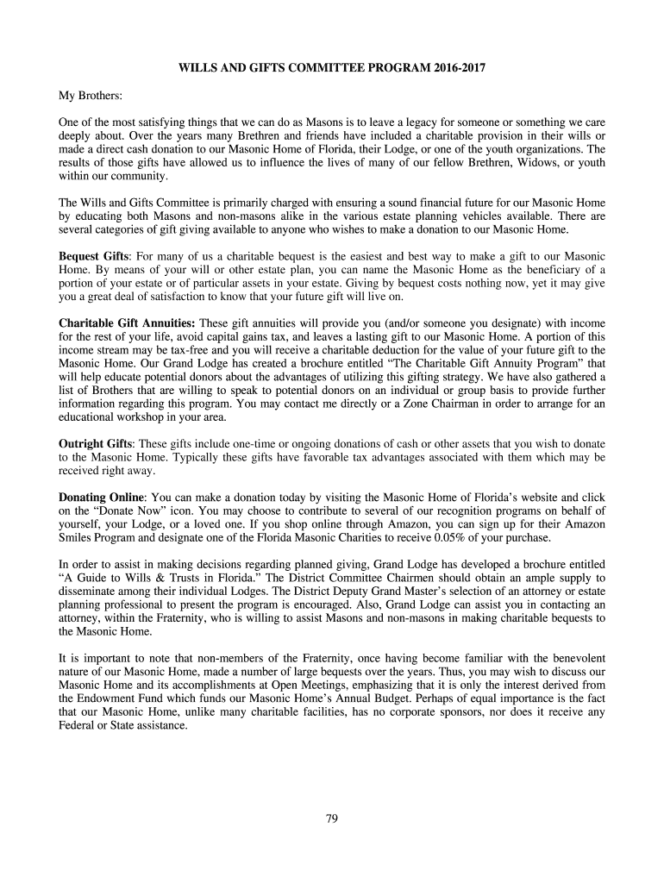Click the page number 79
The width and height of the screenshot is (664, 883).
point(332,818)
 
